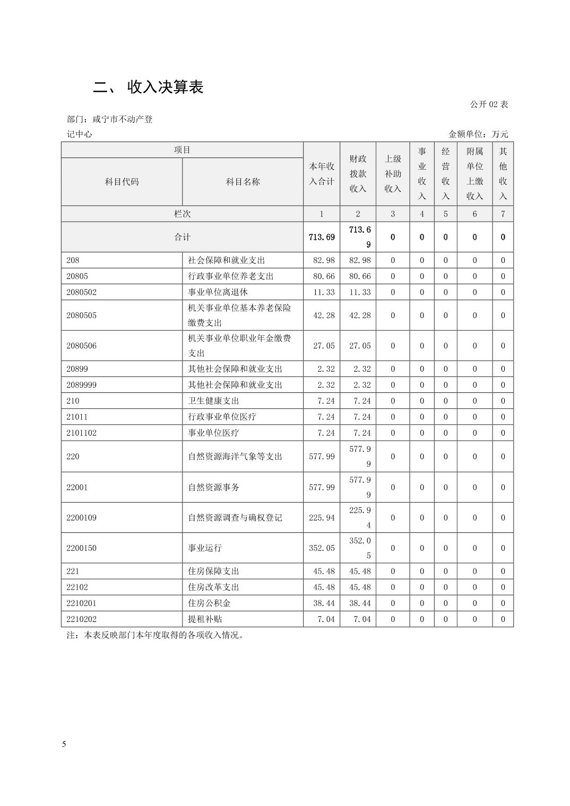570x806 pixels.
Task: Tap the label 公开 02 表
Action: pos(489,104)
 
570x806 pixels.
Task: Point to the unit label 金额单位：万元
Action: pos(478,134)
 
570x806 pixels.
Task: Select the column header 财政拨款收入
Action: pos(358,174)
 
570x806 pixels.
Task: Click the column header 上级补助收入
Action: pos(393,174)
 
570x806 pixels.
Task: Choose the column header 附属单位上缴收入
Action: pos(474,174)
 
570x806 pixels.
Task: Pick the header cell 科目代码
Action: pos(122,182)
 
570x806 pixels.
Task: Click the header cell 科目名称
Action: pos(243,182)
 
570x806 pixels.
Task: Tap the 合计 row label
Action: pos(182,237)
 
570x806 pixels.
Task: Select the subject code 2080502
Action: pos(82,292)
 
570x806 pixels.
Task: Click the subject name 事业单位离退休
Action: pos(218,292)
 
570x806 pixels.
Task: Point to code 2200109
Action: pos(82,518)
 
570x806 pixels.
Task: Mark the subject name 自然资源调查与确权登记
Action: pos(235,518)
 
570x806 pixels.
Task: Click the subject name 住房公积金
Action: pos(210,603)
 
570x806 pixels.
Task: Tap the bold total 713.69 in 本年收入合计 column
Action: pos(322,237)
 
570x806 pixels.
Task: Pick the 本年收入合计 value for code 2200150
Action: pos(322,548)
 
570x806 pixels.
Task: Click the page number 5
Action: pos(64,744)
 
